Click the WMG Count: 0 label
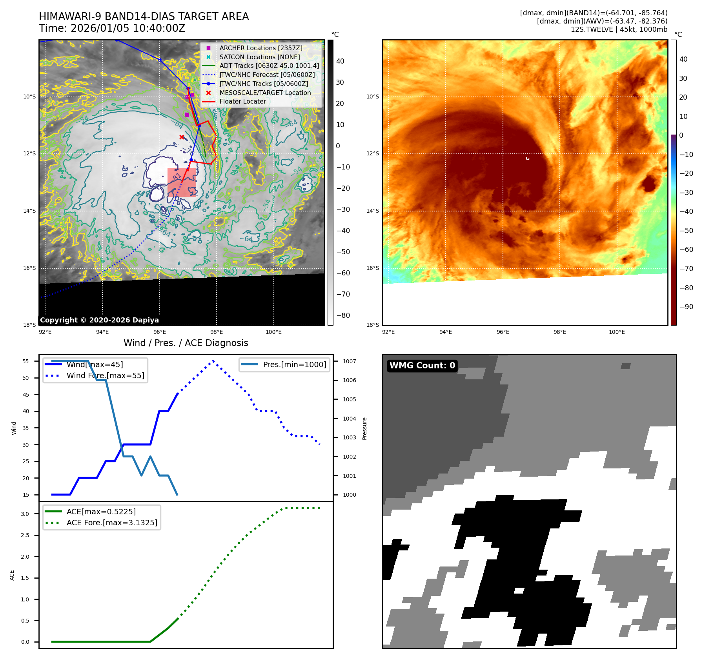(x=422, y=366)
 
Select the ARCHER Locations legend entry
(x=260, y=48)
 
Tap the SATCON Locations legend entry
(x=259, y=57)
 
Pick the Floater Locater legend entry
(x=242, y=101)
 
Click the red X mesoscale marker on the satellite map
(x=182, y=137)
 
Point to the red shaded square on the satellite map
(x=182, y=182)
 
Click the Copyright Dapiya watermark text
(x=99, y=320)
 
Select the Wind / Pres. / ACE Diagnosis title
(x=186, y=343)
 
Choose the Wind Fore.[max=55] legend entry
(x=105, y=375)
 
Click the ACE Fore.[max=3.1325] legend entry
(x=112, y=523)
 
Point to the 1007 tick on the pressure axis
(x=349, y=361)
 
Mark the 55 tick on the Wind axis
(x=26, y=361)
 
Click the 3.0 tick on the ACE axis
(x=25, y=514)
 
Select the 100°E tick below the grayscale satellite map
(x=273, y=332)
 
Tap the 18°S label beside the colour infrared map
(x=373, y=325)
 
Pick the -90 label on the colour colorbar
(x=686, y=307)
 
